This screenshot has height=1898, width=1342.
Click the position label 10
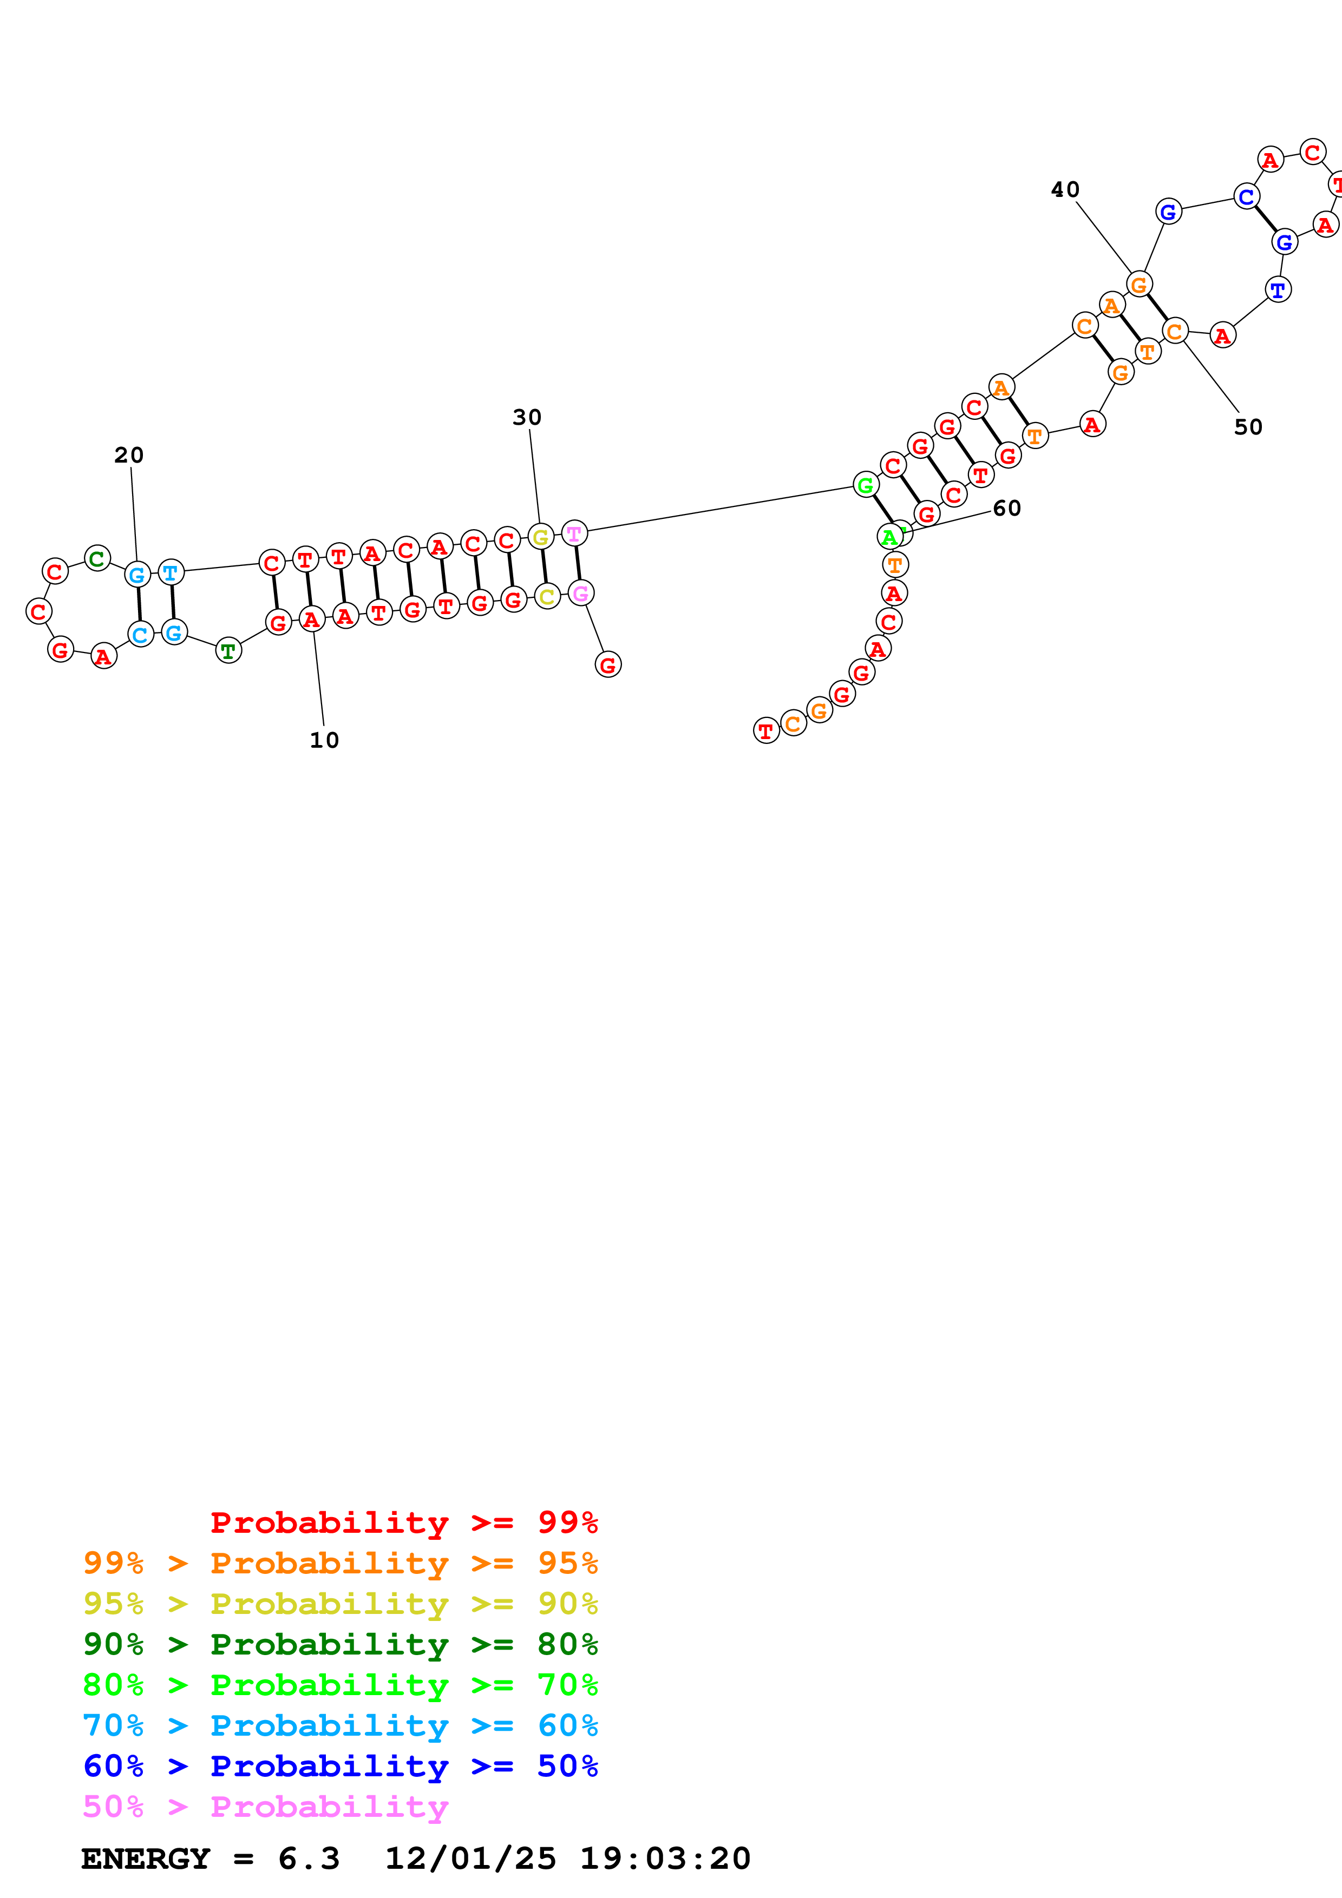(x=324, y=740)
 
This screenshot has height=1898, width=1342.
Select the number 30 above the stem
(x=527, y=418)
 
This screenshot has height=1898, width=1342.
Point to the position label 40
(x=1065, y=190)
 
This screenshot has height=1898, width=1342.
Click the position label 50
(x=1248, y=427)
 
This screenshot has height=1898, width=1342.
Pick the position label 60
(x=1006, y=509)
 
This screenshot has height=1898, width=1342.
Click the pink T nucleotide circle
(x=574, y=534)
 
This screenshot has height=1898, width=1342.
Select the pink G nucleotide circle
(x=580, y=594)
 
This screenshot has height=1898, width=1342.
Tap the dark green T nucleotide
(x=228, y=651)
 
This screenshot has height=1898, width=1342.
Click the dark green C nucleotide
(x=97, y=559)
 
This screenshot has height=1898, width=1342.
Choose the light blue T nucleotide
(x=171, y=572)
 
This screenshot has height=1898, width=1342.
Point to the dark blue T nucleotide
(x=1278, y=290)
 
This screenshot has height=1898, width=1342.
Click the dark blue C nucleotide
(x=1246, y=197)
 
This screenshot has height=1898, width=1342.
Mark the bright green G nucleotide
(x=865, y=485)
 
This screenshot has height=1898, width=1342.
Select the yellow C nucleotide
(x=547, y=597)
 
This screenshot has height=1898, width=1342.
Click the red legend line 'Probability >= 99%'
(x=403, y=1523)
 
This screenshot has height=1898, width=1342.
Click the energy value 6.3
(x=309, y=1859)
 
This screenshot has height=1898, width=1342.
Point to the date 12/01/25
(x=470, y=1859)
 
